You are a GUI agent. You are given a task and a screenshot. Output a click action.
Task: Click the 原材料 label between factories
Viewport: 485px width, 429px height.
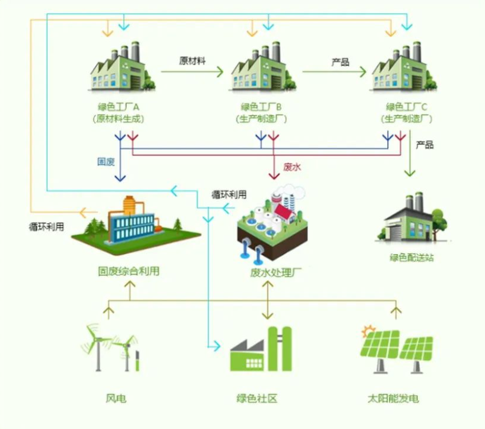click(193, 61)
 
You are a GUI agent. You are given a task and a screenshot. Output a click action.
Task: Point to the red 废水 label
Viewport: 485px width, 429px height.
click(292, 167)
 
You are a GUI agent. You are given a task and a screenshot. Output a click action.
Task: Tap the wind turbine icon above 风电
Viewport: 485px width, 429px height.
click(112, 347)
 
